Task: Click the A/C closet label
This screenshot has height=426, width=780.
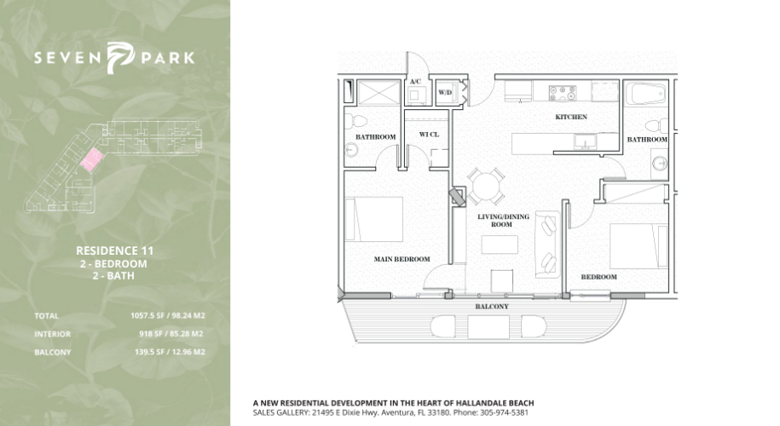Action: [x=415, y=82]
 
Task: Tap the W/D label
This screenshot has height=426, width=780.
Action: [x=445, y=93]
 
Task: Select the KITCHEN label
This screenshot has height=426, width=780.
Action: [x=571, y=117]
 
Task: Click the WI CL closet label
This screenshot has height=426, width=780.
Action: [x=429, y=135]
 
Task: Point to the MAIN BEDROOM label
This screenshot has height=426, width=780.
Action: [x=402, y=259]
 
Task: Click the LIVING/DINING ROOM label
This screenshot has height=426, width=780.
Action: [x=501, y=220]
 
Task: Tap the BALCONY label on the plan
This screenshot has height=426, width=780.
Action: [x=492, y=307]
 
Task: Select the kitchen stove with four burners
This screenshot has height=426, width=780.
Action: [x=563, y=93]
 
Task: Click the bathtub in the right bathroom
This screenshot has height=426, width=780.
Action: [x=645, y=94]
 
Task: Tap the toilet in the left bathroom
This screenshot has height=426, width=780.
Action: [x=355, y=121]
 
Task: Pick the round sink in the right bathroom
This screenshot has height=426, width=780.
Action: [x=660, y=163]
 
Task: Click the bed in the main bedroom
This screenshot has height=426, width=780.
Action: [x=374, y=219]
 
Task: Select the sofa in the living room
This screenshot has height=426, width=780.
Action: [x=547, y=245]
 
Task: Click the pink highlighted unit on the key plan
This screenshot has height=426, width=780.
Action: [x=92, y=160]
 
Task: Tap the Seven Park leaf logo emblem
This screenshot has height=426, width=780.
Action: [x=120, y=58]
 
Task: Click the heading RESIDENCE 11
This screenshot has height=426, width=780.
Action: [x=115, y=251]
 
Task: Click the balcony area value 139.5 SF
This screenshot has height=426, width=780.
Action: [x=147, y=352]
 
